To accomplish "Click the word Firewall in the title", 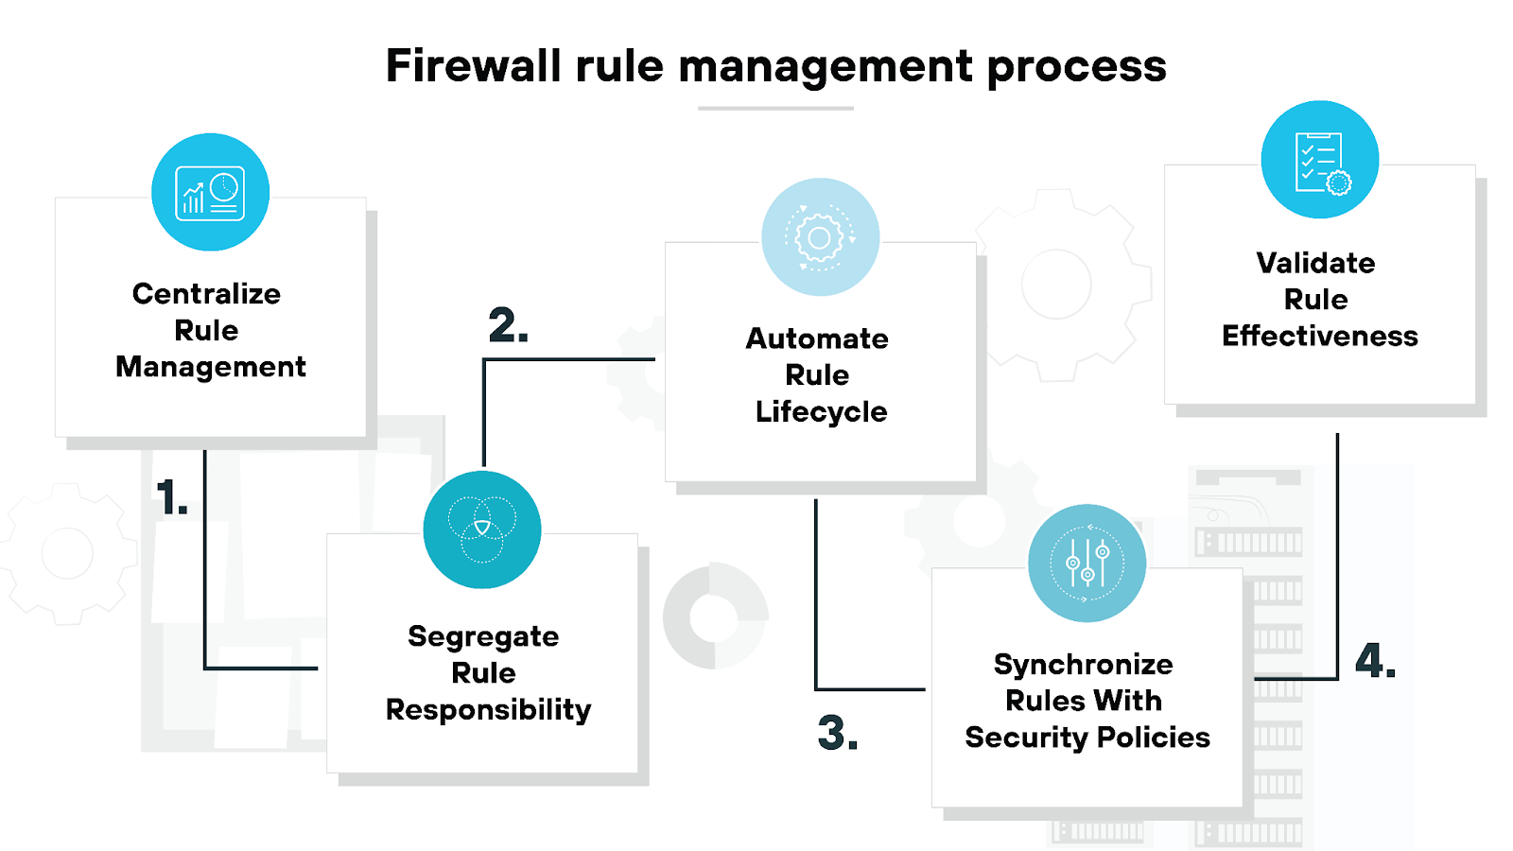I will [473, 66].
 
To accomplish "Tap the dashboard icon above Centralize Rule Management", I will [210, 193].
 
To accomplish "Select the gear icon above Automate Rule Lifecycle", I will [820, 237].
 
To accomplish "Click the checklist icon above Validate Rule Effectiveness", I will [1320, 161].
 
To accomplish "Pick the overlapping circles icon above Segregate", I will [482, 530].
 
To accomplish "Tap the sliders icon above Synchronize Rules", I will [1087, 564].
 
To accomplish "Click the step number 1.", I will [171, 497].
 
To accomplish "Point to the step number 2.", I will [508, 325].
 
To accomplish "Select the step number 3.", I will [837, 733].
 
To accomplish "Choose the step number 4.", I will [1374, 660].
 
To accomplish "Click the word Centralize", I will [206, 294].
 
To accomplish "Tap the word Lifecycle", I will [821, 412].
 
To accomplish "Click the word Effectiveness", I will [1319, 336].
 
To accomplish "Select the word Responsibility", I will [488, 710].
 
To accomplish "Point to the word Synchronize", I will [1083, 665].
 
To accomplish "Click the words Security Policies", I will [1087, 738].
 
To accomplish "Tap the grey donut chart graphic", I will [716, 617].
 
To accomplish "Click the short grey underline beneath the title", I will [775, 109].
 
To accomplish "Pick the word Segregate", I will [483, 637].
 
